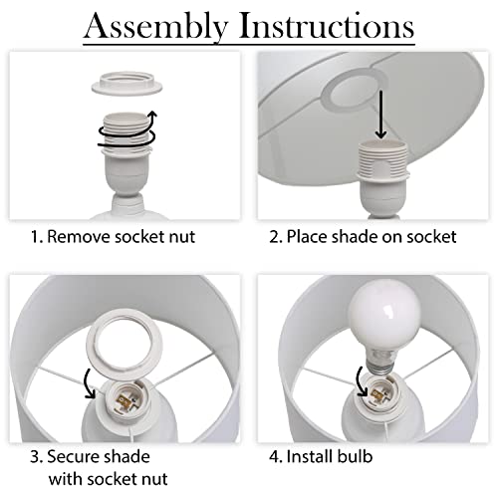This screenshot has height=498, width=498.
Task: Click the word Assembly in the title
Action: [156, 27]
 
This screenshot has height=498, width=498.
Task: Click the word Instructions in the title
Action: [327, 25]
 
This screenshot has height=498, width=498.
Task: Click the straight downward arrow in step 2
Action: [380, 115]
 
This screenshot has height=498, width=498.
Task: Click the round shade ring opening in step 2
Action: [355, 89]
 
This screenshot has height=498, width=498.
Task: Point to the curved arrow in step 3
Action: [89, 382]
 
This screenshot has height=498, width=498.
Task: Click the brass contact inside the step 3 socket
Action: [124, 399]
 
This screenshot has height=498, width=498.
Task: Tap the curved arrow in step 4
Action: [361, 381]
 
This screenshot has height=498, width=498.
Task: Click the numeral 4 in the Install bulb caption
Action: [274, 457]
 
